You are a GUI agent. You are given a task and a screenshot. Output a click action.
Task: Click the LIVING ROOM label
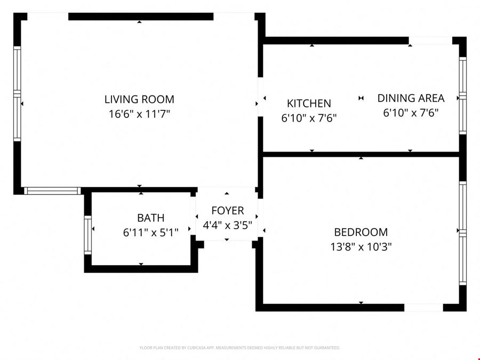139,99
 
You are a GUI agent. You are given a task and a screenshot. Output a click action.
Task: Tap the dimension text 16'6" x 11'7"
139,114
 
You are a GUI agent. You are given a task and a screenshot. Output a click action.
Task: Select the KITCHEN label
309,103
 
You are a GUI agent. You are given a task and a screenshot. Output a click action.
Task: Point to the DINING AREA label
411,98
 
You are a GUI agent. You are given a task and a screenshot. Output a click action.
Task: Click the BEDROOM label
361,232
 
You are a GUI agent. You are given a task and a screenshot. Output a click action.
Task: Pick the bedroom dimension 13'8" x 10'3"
361,246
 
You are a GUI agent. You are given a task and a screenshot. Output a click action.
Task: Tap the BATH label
150,218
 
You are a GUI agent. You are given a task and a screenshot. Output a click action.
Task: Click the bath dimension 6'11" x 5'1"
150,233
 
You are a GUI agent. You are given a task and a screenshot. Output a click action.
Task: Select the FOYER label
227,211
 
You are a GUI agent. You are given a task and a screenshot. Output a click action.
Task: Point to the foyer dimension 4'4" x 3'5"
227,225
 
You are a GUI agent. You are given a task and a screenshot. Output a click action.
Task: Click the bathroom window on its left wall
88,235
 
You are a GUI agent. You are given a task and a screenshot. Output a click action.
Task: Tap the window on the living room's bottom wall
52,191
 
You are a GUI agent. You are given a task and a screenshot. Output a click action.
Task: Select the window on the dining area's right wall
463,95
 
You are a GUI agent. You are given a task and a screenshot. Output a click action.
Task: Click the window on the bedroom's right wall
463,233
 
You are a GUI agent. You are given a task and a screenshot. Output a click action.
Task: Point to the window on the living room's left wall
17,94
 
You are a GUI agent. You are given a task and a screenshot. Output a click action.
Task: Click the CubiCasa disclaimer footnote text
239,348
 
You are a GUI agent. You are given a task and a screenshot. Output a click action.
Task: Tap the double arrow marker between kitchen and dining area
361,98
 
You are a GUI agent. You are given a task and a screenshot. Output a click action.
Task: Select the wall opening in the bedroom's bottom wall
423,308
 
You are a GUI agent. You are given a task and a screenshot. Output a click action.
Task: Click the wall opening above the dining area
430,41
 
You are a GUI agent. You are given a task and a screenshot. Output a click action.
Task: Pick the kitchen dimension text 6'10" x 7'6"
309,118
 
